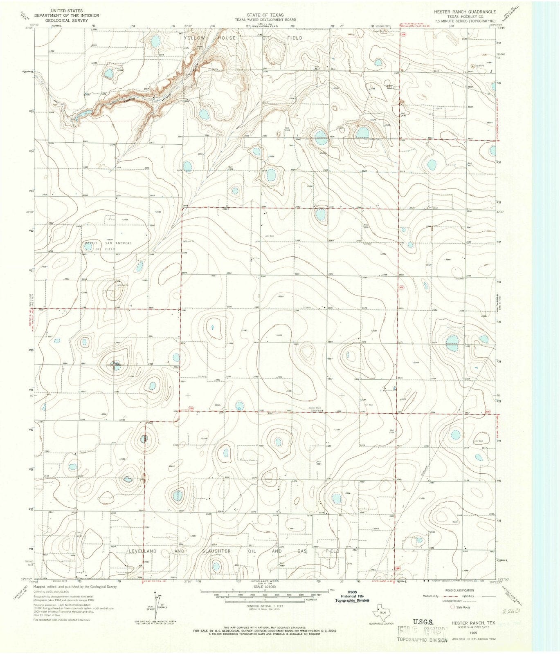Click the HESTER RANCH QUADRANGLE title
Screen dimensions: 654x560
pos(465,12)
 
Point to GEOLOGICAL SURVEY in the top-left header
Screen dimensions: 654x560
pos(66,19)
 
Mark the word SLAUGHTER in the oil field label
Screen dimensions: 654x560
pos(216,551)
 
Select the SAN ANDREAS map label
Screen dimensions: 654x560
pos(119,243)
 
